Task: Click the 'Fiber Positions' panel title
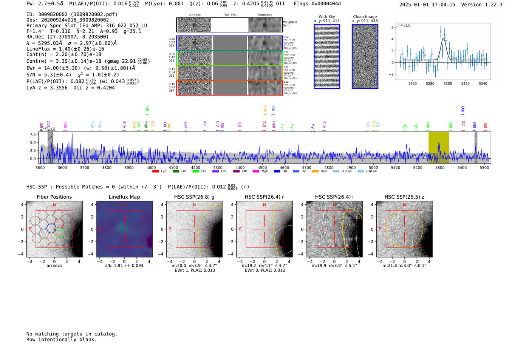tap(54, 197)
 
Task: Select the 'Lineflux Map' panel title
tap(124, 197)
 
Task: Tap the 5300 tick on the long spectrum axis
tap(440, 167)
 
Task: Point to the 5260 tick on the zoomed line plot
tap(413, 83)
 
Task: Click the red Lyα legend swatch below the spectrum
tap(155, 172)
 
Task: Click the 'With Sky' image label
tap(327, 17)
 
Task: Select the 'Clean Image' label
tap(365, 17)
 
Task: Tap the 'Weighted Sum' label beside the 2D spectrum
tap(289, 24)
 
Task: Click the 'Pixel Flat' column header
tap(230, 15)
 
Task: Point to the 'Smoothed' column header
tap(264, 15)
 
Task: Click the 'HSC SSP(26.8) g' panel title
tap(194, 197)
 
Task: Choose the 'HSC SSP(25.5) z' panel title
tap(404, 197)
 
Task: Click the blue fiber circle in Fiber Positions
tap(51, 228)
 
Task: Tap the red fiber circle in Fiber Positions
tap(59, 223)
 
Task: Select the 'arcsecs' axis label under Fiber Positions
tap(54, 266)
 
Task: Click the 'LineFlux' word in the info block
tap(38, 49)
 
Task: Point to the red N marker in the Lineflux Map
tap(124, 205)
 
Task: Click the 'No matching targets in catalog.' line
tap(72, 334)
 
